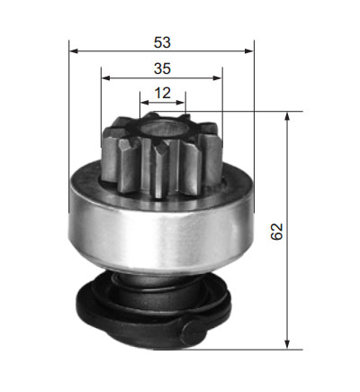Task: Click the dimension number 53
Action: click(x=162, y=42)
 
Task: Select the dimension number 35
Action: click(x=162, y=68)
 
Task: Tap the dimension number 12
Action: click(x=163, y=93)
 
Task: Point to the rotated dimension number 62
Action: click(x=276, y=232)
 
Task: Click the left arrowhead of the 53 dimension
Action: click(x=74, y=51)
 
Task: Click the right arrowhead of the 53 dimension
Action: click(x=249, y=51)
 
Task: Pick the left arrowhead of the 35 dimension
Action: click(x=106, y=78)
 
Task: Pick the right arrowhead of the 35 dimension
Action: click(x=218, y=78)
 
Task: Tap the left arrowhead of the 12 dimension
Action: click(x=145, y=103)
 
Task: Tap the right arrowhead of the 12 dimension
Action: click(x=181, y=103)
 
